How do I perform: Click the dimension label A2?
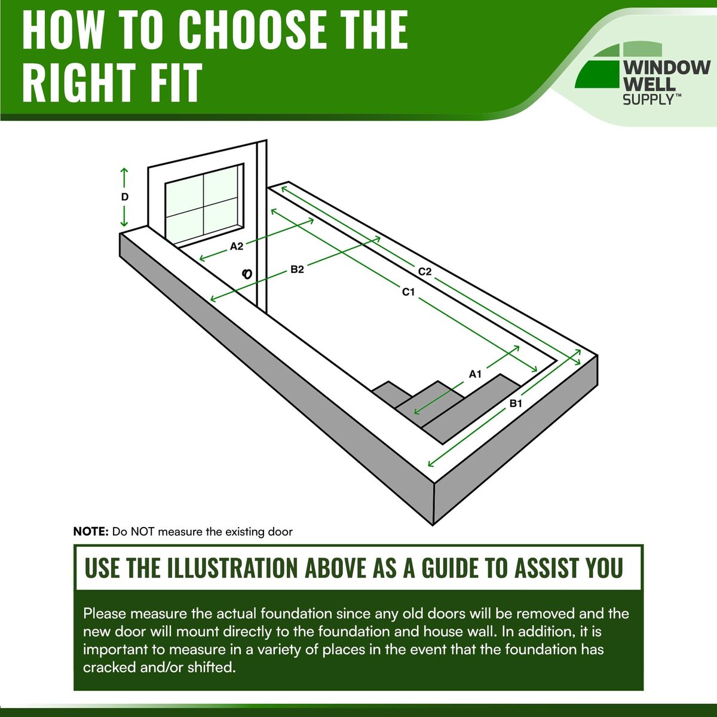tap(237, 246)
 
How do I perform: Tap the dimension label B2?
tap(297, 269)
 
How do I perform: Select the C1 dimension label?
tap(408, 292)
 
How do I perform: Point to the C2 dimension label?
tap(425, 272)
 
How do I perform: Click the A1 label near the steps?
tap(475, 374)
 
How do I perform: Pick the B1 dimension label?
tap(516, 403)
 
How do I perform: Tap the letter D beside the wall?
tap(125, 197)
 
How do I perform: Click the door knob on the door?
tap(247, 274)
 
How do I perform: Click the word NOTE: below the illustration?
tap(91, 532)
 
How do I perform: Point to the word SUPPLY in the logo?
tap(648, 100)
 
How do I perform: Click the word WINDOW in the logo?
tap(667, 68)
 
